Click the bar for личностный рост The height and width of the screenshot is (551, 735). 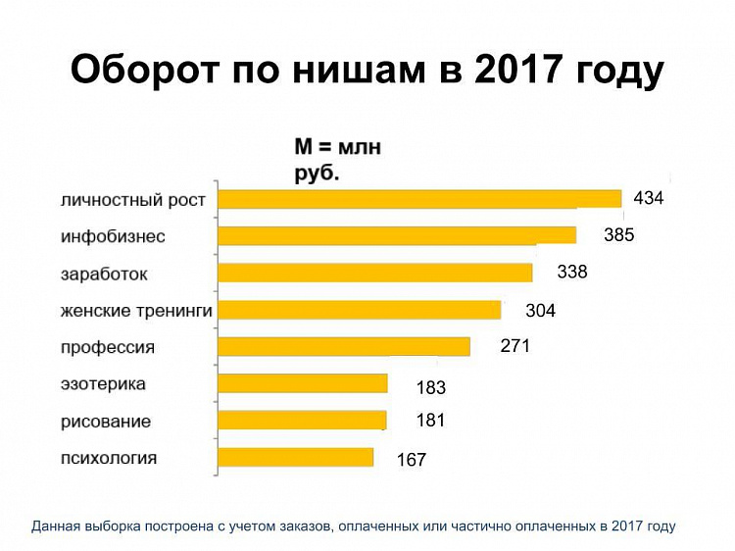419,199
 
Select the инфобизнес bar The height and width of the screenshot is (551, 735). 397,235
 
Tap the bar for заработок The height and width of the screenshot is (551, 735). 375,273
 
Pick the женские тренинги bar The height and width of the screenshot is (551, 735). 359,310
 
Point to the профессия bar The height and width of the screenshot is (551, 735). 344,346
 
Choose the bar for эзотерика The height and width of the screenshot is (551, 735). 303,383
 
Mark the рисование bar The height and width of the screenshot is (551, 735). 302,421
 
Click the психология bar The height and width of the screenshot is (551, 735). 296,458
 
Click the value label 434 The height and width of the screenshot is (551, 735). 649,198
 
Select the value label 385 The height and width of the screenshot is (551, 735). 619,235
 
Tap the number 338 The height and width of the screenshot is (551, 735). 571,272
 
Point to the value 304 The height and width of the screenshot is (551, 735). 540,311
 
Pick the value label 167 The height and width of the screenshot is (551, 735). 412,459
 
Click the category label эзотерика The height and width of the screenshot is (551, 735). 103,384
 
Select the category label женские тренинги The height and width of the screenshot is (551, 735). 137,311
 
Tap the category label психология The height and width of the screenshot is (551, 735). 109,458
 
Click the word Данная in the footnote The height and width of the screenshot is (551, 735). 57,526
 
